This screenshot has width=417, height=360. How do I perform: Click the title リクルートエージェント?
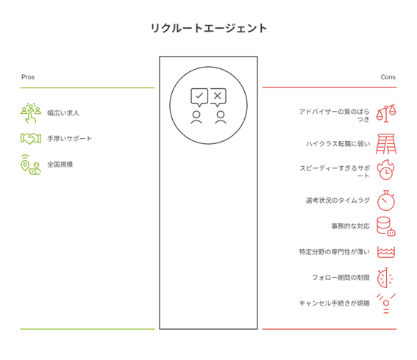point(209,29)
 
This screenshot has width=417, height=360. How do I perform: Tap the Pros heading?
point(28,77)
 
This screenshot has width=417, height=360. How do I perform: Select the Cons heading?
point(388,77)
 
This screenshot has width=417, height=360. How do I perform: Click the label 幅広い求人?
point(63,113)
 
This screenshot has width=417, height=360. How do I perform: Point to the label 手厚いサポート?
point(69,138)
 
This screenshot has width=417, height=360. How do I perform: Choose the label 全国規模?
point(60,165)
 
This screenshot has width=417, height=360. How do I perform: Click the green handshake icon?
point(31,138)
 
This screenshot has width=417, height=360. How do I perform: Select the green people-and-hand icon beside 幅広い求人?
point(31,113)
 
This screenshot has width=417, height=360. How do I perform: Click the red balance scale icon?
point(386,113)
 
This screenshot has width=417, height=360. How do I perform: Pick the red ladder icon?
point(386,144)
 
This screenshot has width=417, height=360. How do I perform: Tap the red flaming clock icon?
point(386,170)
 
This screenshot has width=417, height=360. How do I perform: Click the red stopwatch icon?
point(386,201)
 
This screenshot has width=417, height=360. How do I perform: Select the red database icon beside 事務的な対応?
point(386,226)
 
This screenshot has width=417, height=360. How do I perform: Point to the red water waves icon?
point(386,252)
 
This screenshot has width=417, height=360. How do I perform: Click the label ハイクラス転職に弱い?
point(338,144)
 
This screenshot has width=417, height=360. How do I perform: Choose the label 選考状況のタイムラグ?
point(338,201)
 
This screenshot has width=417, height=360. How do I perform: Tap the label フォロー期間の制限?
point(341,278)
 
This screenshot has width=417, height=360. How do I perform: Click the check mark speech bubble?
point(199,97)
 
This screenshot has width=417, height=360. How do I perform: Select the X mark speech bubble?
point(218,97)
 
